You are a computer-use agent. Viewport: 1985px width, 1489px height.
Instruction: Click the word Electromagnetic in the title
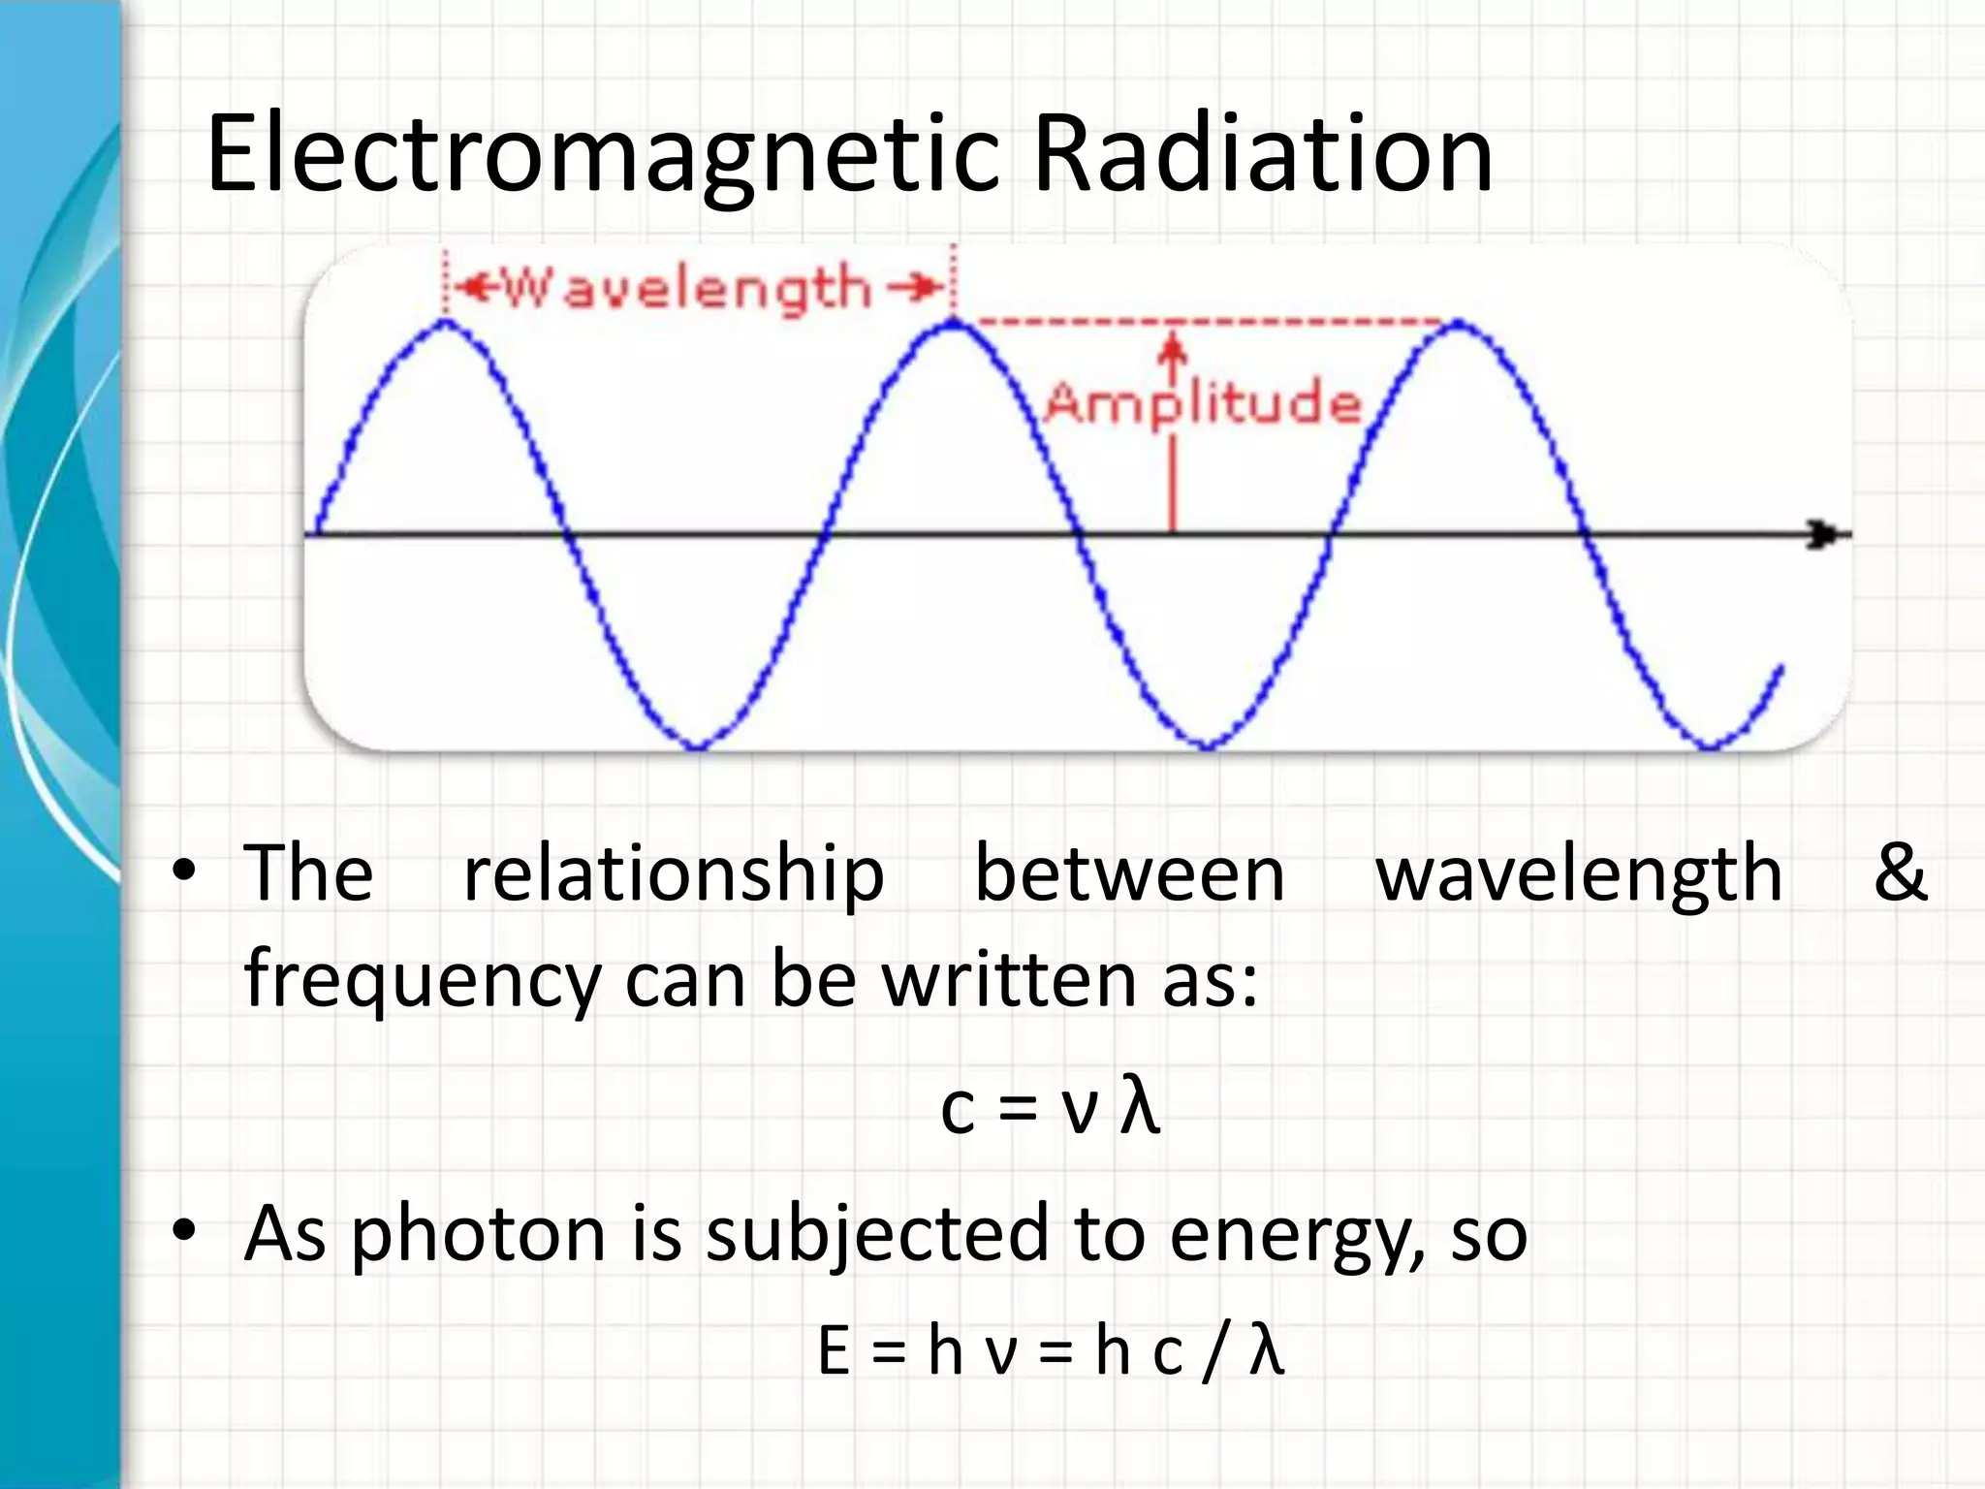point(601,155)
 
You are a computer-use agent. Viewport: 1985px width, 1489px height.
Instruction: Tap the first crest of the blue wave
point(445,322)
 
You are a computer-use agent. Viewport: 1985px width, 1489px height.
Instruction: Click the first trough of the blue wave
point(698,747)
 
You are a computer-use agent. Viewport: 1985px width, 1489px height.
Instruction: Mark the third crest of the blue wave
point(1459,323)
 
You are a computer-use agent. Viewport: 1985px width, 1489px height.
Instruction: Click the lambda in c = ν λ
point(1139,1107)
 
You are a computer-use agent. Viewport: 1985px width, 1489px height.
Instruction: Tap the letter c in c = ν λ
point(957,1111)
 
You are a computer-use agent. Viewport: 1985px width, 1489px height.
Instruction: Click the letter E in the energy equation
point(835,1351)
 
